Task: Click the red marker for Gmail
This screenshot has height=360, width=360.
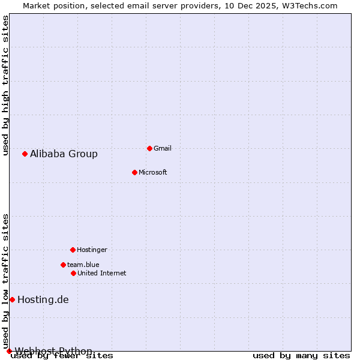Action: point(149,148)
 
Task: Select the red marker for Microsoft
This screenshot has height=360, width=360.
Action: point(134,172)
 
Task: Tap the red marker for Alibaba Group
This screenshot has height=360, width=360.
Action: point(25,154)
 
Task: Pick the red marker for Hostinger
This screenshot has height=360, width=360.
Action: point(73,250)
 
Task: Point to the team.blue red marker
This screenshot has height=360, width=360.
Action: point(63,265)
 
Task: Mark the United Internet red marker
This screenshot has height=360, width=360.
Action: point(73,273)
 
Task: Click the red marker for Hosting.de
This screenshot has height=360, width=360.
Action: point(12,299)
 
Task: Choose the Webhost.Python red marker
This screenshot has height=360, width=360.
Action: point(9,351)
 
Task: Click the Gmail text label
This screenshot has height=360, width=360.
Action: point(163,148)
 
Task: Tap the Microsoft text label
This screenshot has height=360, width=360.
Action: point(153,172)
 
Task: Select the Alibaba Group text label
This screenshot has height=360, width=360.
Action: point(64,154)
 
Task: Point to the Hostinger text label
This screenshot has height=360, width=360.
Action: point(92,250)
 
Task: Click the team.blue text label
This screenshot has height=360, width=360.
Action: point(83,265)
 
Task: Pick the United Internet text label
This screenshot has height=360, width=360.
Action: point(102,273)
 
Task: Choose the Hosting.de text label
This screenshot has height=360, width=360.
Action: point(43,299)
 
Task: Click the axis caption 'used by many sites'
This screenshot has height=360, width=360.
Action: point(301,356)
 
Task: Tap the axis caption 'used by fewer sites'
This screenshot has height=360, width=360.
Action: point(62,356)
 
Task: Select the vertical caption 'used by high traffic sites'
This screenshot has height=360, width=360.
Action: point(6,85)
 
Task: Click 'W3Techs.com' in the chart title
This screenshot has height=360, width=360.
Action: point(311,5)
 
